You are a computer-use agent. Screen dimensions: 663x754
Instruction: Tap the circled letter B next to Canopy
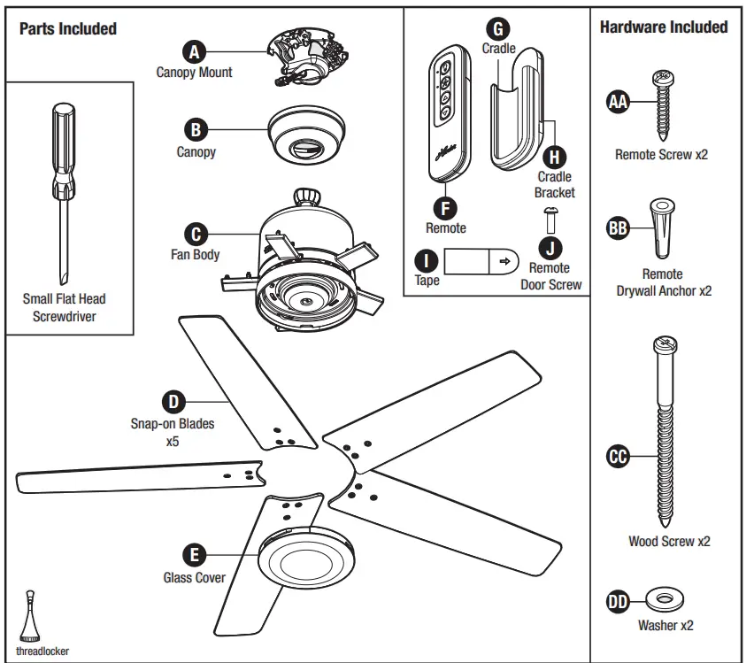(x=195, y=129)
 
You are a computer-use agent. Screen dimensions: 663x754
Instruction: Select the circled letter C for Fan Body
(x=195, y=234)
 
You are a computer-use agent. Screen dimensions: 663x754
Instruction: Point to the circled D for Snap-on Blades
(x=173, y=402)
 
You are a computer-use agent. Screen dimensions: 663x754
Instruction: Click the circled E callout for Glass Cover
(x=194, y=555)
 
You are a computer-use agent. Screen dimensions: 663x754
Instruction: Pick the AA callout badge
(x=619, y=103)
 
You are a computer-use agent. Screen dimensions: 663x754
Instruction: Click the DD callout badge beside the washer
(x=618, y=603)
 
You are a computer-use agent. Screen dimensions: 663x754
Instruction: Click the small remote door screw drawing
(x=550, y=219)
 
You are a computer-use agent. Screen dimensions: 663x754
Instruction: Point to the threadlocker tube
(x=31, y=610)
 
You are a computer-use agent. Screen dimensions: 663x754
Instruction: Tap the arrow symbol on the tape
(x=505, y=262)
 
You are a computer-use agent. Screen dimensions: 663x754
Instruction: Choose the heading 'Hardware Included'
(x=664, y=27)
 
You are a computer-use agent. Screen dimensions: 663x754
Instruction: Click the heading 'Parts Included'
(x=68, y=29)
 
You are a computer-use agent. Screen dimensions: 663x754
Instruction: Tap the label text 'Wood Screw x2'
(x=668, y=541)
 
